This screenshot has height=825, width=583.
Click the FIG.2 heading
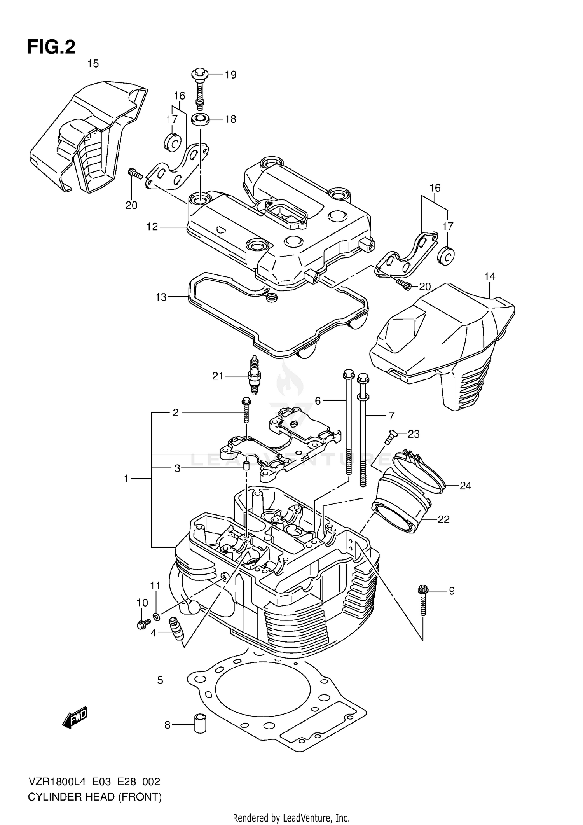51,47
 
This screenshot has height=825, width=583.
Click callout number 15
93,64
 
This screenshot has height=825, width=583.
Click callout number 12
152,227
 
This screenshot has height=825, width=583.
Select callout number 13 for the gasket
161,297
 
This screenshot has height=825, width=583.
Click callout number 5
160,680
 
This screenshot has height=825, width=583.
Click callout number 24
465,486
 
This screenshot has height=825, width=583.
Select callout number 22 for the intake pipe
443,519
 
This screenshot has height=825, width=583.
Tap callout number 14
490,276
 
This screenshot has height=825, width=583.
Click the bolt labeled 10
142,624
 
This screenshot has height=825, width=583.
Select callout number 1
126,479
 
